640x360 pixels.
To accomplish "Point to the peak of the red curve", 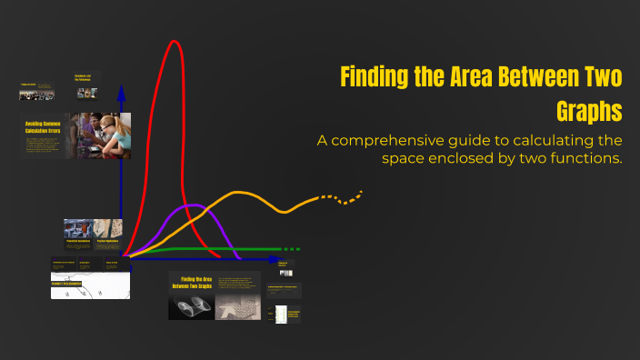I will pyautogui.click(x=173, y=42).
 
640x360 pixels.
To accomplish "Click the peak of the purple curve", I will pyautogui.click(x=192, y=207).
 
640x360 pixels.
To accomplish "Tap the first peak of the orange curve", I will pyautogui.click(x=240, y=193).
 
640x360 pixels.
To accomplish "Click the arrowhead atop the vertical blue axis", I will pyautogui.click(x=121, y=93).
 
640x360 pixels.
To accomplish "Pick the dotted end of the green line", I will pyautogui.click(x=289, y=248).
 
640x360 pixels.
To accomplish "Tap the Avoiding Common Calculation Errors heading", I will pyautogui.click(x=42, y=127).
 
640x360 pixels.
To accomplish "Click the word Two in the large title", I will pyautogui.click(x=604, y=77).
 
